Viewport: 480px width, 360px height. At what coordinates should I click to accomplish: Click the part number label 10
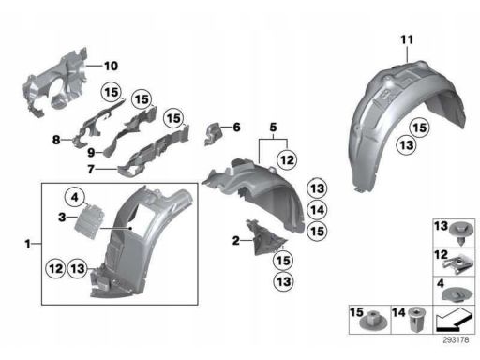pyautogui.click(x=111, y=66)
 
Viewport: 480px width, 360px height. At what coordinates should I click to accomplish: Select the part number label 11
pyautogui.click(x=407, y=39)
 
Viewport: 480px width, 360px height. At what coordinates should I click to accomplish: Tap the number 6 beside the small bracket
pyautogui.click(x=236, y=127)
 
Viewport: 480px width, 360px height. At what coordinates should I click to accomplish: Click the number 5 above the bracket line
pyautogui.click(x=273, y=127)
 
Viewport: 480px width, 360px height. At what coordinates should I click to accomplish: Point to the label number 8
pyautogui.click(x=56, y=140)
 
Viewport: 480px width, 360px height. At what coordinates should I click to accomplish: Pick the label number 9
pyautogui.click(x=91, y=153)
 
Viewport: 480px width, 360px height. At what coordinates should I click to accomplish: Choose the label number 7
pyautogui.click(x=91, y=169)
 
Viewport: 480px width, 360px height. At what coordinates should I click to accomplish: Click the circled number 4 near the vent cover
pyautogui.click(x=74, y=197)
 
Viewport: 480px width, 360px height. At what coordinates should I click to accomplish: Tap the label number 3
pyautogui.click(x=62, y=217)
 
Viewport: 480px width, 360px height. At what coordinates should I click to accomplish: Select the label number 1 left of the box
pyautogui.click(x=28, y=244)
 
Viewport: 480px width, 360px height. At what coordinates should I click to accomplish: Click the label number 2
pyautogui.click(x=236, y=241)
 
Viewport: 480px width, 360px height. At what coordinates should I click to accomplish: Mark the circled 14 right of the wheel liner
pyautogui.click(x=317, y=210)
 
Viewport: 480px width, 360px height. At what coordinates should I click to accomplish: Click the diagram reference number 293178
pyautogui.click(x=456, y=340)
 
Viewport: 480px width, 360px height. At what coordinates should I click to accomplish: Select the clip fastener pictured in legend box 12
pyautogui.click(x=457, y=265)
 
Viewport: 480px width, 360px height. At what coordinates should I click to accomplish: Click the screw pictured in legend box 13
pyautogui.click(x=461, y=233)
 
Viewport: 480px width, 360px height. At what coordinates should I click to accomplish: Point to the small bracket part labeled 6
pyautogui.click(x=214, y=134)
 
